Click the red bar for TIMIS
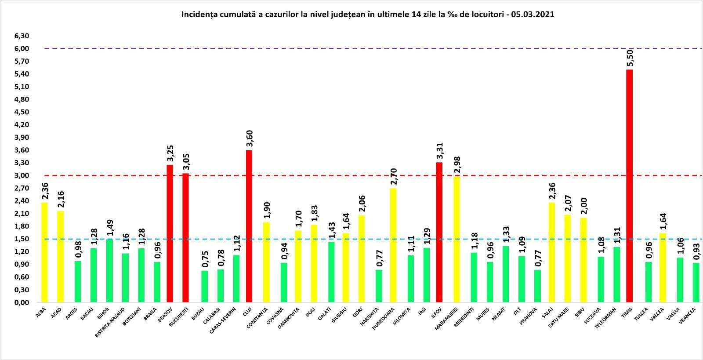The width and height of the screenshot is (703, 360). pos(629,186)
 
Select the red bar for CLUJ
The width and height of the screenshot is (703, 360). pos(249,226)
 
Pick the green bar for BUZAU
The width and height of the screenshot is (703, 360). pos(204,287)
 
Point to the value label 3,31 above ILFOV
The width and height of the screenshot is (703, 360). pos(439,152)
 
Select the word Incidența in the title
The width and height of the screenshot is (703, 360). pos(196,15)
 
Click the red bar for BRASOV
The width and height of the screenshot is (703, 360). pos(170,233)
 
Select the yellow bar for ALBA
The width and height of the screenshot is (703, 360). pos(44,252)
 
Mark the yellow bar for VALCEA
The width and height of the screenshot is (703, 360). pos(662,268)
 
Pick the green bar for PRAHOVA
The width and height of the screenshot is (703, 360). pos(537,286)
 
